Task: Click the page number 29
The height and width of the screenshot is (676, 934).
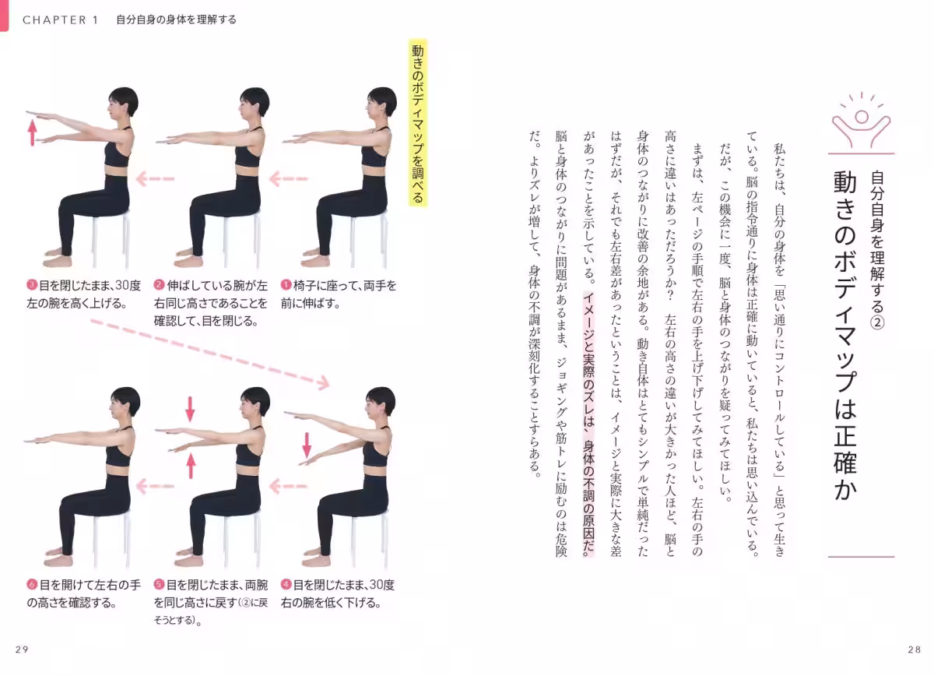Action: click(22, 650)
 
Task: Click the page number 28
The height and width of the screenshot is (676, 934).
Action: click(914, 650)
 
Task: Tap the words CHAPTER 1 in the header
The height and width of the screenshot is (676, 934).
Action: click(61, 20)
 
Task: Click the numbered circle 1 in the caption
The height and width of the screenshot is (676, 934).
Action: click(286, 285)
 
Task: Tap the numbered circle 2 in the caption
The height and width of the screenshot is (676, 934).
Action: click(159, 285)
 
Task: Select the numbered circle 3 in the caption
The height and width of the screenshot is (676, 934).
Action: click(32, 285)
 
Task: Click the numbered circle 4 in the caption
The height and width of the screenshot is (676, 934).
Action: click(286, 585)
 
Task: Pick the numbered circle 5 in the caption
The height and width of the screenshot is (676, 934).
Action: click(159, 585)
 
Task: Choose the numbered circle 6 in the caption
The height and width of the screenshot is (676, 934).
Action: click(32, 585)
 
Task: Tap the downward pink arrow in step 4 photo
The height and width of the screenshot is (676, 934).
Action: click(307, 445)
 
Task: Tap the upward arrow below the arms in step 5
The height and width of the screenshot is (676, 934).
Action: click(191, 465)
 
